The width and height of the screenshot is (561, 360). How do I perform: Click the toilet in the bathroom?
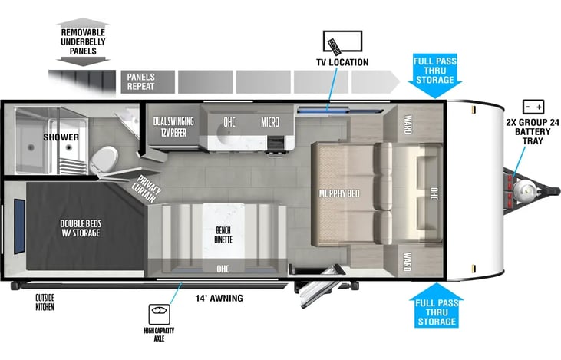104,160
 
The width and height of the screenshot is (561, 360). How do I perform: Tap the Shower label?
61,137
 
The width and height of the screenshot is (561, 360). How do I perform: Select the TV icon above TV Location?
342,42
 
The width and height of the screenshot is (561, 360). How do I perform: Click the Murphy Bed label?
339,193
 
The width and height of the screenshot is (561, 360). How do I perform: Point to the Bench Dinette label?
223,235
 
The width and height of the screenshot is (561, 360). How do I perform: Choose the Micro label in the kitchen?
270,122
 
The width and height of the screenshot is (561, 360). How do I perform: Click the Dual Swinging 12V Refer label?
173,127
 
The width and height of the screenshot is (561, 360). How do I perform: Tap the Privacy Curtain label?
147,189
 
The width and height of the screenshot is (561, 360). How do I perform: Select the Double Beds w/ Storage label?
81,228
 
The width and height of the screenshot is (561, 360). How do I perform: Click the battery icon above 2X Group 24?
533,107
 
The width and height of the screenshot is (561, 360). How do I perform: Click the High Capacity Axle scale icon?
159,314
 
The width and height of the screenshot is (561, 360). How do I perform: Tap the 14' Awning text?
219,298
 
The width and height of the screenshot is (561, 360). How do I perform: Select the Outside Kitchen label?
45,302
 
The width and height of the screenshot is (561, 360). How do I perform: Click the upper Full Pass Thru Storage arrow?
435,76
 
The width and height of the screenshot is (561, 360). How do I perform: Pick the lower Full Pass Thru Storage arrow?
437,306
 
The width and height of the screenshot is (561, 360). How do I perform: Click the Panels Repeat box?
148,82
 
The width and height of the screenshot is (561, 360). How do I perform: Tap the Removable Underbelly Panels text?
83,42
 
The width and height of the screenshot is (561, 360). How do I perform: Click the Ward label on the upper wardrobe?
408,124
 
